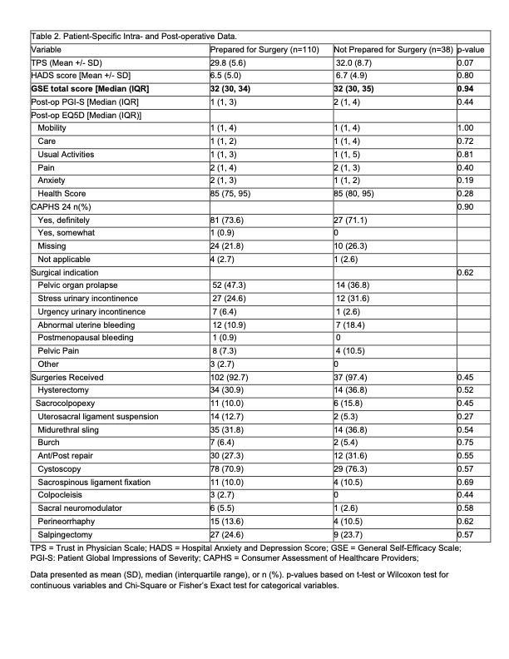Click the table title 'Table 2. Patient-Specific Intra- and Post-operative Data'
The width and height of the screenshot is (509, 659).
133,35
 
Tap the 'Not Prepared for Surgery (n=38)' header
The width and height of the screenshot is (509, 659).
393,49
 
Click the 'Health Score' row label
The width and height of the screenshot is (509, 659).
61,193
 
